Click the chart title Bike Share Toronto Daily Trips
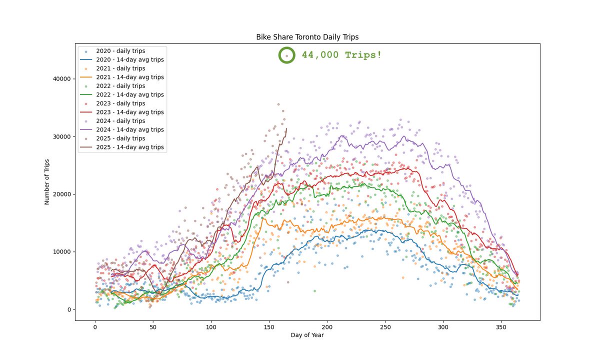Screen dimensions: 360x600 click(x=307, y=37)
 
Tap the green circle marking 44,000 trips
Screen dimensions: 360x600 click(x=286, y=55)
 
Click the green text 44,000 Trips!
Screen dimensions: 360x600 click(x=341, y=55)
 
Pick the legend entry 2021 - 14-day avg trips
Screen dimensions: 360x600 click(x=129, y=77)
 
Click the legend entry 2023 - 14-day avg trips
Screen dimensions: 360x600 click(x=129, y=112)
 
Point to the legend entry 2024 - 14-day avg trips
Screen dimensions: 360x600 click(x=129, y=129)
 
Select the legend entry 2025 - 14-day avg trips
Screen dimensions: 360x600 click(x=129, y=147)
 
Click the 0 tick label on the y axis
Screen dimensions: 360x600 click(x=70, y=309)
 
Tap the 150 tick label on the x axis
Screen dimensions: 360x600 click(x=269, y=326)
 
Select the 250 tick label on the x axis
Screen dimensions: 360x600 click(x=385, y=326)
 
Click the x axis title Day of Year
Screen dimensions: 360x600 click(x=307, y=335)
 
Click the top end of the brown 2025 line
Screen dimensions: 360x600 click(x=286, y=129)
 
